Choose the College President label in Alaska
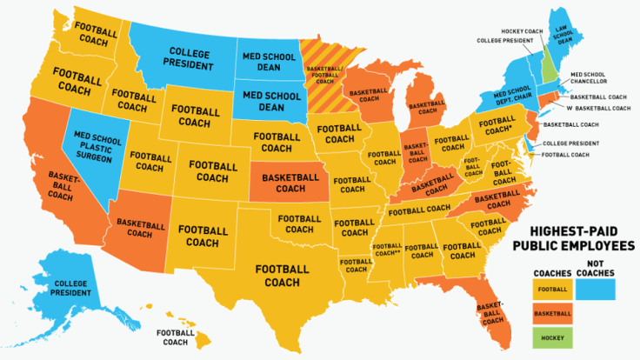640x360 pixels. [x=71, y=288]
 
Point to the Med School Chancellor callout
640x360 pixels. [x=589, y=79]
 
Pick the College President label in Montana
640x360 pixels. [x=189, y=58]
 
